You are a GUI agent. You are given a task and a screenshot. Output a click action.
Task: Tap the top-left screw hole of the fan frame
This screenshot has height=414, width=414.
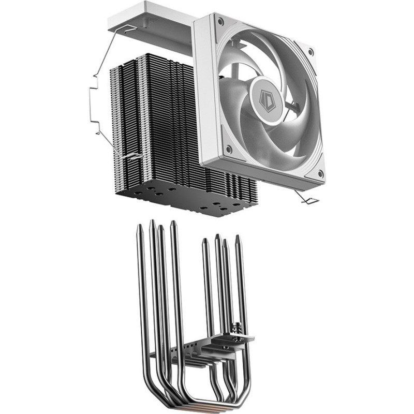click(221, 22)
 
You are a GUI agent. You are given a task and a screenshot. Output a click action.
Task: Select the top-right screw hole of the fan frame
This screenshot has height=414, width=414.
click(310, 52)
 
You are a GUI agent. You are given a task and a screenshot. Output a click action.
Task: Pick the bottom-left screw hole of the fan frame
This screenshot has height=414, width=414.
click(228, 151)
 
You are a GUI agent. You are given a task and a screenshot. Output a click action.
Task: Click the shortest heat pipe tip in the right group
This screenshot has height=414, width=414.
click(205, 241)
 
